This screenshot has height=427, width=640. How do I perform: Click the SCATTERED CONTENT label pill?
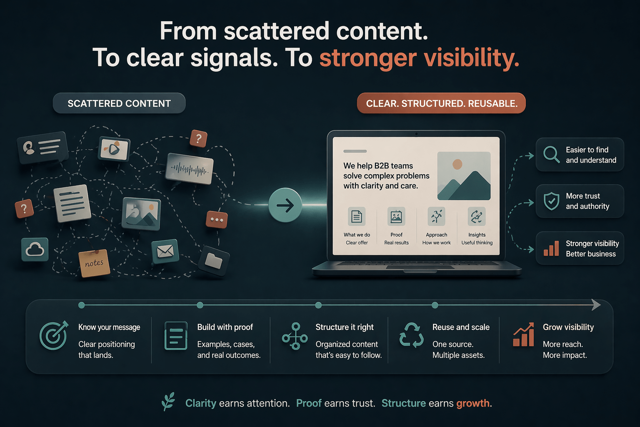(119, 103)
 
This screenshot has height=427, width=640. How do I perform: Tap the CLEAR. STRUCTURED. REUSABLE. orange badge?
(441, 103)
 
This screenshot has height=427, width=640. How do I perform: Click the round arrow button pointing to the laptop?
(285, 205)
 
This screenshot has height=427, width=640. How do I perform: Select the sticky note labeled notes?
(94, 263)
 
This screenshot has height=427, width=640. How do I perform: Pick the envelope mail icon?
(165, 251)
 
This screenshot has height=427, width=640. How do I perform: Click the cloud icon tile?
(35, 249)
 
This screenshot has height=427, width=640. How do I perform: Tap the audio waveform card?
(190, 169)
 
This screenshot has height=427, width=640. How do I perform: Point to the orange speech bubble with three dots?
(217, 219)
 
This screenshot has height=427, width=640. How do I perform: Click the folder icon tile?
(214, 261)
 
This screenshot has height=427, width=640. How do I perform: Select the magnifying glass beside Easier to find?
(551, 154)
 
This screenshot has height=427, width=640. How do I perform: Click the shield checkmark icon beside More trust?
(551, 201)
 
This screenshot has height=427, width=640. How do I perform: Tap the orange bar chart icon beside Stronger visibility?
(551, 248)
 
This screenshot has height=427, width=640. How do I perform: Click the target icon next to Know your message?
(53, 336)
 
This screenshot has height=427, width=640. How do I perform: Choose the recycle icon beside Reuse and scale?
(411, 335)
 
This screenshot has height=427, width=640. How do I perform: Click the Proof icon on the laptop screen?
(396, 217)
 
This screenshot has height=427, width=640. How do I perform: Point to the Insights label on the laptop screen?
(477, 235)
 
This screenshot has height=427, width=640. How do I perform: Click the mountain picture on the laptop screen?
(464, 176)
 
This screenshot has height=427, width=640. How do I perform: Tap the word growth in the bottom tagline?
(473, 403)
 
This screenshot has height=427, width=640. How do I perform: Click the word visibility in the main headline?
(471, 58)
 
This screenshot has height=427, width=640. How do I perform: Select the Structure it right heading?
(345, 327)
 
